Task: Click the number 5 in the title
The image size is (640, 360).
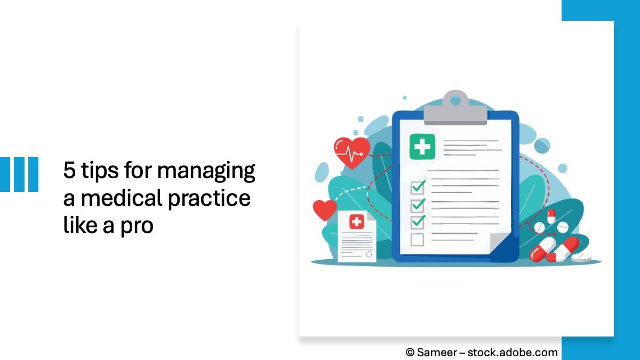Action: click(x=69, y=171)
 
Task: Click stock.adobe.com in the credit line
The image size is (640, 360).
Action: click(x=514, y=352)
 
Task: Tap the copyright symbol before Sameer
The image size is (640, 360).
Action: click(x=410, y=352)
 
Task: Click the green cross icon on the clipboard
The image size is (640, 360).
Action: click(x=422, y=147)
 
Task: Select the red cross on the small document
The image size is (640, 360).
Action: click(x=356, y=222)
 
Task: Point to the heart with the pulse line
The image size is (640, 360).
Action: click(x=351, y=151)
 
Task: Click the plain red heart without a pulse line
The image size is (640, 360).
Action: click(x=324, y=210)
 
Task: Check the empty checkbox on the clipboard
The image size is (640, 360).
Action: click(x=417, y=239)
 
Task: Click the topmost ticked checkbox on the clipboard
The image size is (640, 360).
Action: click(x=417, y=188)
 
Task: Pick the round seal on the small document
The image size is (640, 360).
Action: click(x=367, y=254)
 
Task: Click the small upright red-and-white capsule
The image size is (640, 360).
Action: click(x=551, y=215)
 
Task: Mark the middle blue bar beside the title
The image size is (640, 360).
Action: click(x=19, y=174)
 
